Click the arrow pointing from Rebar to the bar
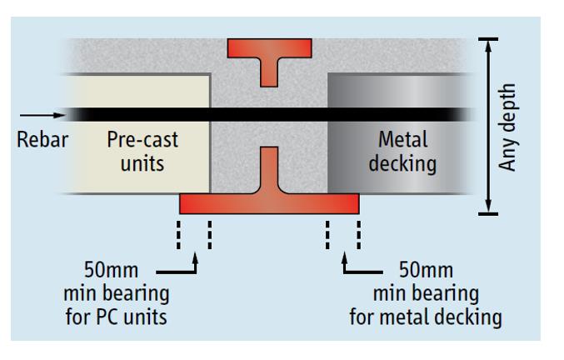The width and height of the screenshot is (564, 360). pos(37,114)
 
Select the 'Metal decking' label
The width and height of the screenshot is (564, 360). pos(403,150)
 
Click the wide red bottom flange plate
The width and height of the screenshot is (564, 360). pos(269,202)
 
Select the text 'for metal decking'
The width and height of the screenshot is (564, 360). pos(426,317)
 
